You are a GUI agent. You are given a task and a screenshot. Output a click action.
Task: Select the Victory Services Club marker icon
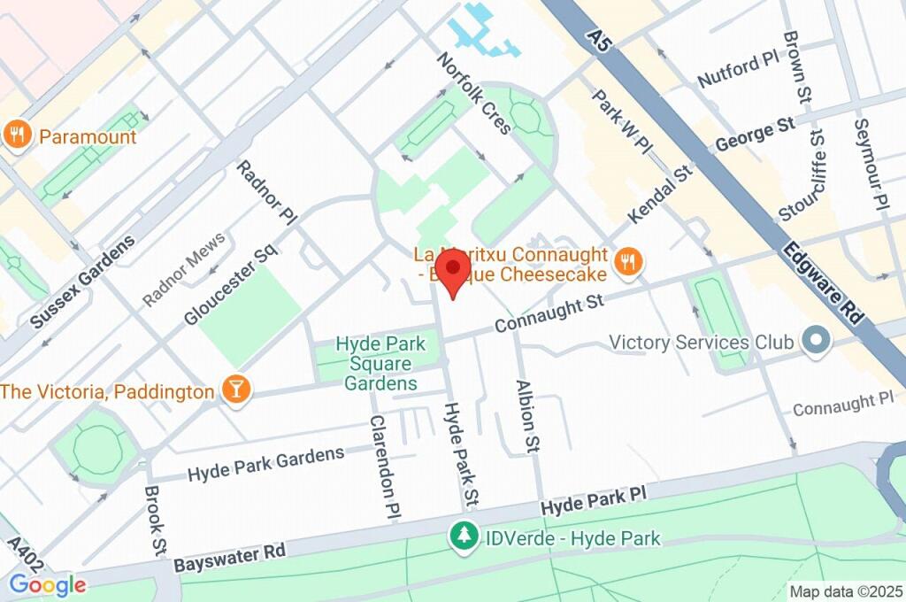[x=812, y=340]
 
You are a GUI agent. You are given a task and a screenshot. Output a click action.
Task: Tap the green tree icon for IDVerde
[x=462, y=536]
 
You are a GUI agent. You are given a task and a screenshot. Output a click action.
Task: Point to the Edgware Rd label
[x=822, y=281]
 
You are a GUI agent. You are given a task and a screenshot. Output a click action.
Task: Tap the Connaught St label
[x=549, y=314]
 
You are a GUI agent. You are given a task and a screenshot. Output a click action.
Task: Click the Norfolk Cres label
[x=474, y=93]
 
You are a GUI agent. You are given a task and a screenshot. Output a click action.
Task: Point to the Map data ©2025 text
[x=846, y=591]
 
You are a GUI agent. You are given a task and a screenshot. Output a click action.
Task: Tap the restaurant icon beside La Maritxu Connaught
[x=629, y=260]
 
